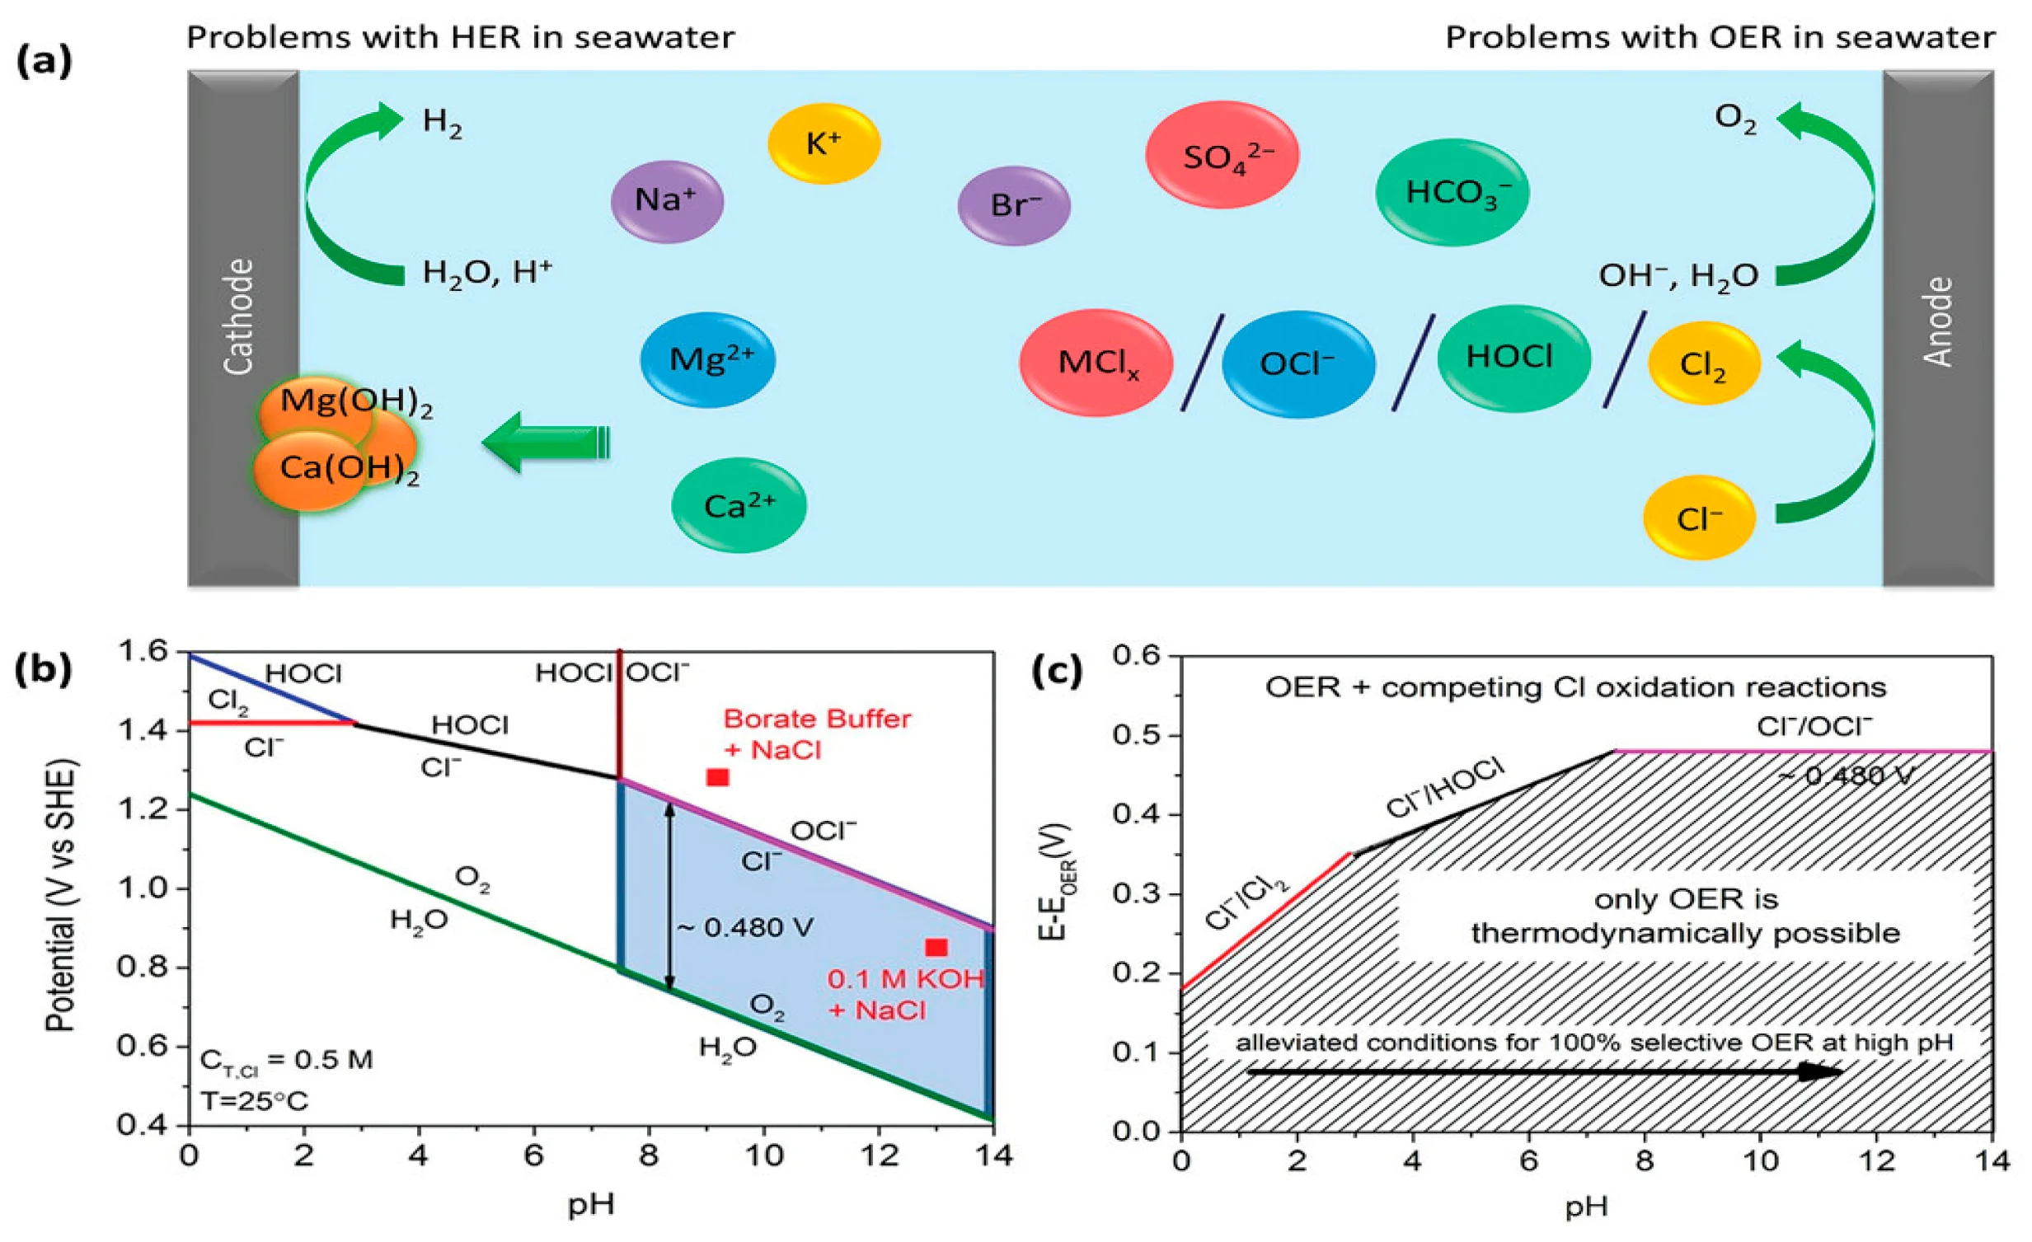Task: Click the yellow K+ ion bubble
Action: click(x=824, y=143)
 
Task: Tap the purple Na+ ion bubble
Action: click(x=667, y=200)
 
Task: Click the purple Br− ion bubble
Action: click(x=1013, y=204)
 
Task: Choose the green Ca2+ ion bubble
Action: click(x=739, y=505)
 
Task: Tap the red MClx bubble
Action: click(x=1096, y=362)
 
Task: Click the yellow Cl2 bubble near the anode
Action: click(x=1704, y=363)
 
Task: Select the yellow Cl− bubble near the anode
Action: click(x=1699, y=518)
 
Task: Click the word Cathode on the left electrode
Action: click(x=240, y=316)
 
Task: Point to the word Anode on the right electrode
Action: click(x=1938, y=321)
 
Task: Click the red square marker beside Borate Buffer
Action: click(x=717, y=777)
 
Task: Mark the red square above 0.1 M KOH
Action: click(x=936, y=948)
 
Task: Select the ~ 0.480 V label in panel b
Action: click(x=745, y=928)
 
